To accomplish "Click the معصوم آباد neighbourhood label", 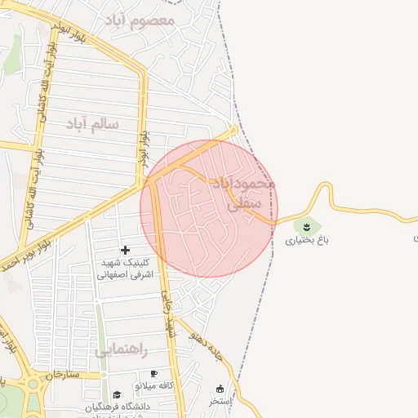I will click(140, 19).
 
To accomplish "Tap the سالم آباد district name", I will click(92, 123).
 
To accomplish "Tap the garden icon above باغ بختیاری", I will click(306, 225).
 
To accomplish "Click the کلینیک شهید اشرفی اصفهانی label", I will click(124, 269).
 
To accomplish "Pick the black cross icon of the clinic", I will click(125, 250).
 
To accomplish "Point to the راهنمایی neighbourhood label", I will click(121, 350).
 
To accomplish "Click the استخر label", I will click(220, 401).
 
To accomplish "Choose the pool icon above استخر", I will click(220, 388).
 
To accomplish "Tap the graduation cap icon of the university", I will click(117, 394).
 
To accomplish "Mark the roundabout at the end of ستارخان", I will click(32, 383).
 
